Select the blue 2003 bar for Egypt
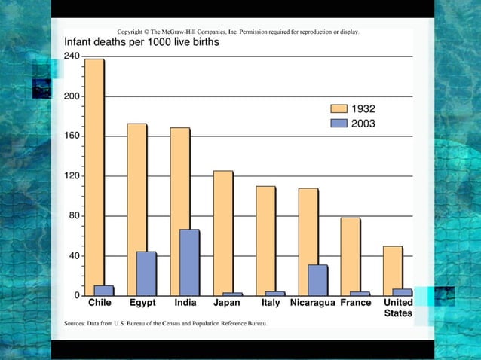[146, 273]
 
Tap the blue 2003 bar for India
[189, 263]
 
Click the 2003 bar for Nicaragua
[317, 280]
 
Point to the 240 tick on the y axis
[72, 56]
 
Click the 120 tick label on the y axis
[72, 176]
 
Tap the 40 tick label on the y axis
[75, 256]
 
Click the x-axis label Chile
[100, 303]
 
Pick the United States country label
[397, 307]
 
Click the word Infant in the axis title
[81, 43]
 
